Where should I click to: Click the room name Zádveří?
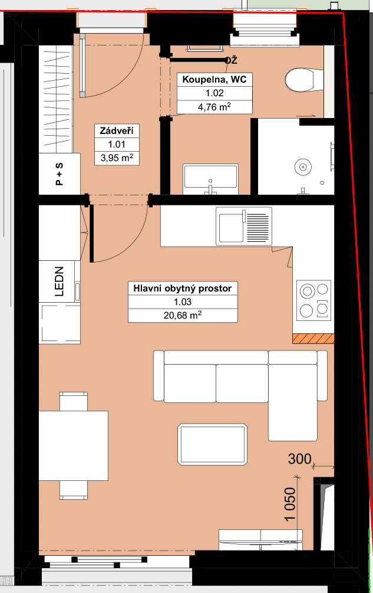click(117, 131)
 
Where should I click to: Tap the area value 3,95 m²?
click(117, 158)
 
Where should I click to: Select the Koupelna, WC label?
click(214, 80)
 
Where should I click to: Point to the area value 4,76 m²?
click(214, 107)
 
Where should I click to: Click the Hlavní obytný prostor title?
click(182, 288)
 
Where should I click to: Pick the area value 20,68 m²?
click(182, 315)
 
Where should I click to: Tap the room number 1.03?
click(182, 302)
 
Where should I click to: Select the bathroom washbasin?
click(210, 179)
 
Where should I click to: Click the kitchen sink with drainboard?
click(244, 226)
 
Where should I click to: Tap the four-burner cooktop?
click(313, 300)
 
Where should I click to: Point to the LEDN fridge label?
click(60, 281)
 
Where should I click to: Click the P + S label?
click(60, 174)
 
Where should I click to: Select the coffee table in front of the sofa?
click(213, 444)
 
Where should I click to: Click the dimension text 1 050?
click(289, 504)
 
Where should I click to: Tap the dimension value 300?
click(300, 458)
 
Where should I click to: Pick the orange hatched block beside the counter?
click(313, 339)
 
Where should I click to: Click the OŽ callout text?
click(232, 60)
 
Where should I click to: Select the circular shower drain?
click(303, 166)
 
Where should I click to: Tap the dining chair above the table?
click(74, 401)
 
